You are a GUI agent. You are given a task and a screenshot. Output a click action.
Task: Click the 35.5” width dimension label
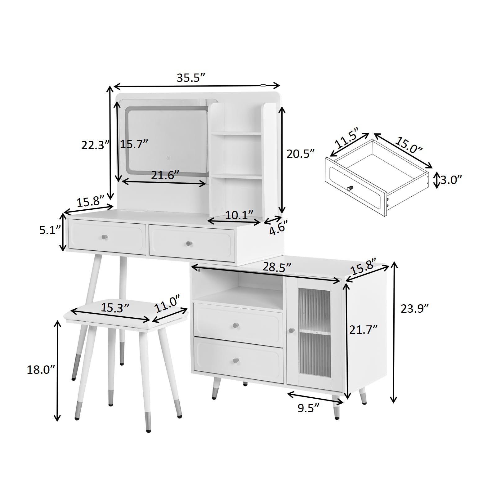[x=191, y=78]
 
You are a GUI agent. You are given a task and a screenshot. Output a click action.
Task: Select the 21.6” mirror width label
[x=165, y=175]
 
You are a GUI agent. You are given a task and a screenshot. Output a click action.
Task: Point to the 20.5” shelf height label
[x=301, y=154]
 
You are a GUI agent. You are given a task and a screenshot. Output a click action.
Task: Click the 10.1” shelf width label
[x=239, y=215]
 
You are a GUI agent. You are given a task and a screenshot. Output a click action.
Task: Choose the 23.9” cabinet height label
[x=415, y=309]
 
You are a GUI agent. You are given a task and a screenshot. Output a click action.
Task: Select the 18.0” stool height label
[x=41, y=370]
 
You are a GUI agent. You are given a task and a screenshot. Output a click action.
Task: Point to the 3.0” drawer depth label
[x=451, y=180]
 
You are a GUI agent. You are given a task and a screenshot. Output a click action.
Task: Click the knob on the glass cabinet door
[x=291, y=331]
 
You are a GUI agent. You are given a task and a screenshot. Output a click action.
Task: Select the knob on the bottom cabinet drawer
[x=236, y=360]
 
